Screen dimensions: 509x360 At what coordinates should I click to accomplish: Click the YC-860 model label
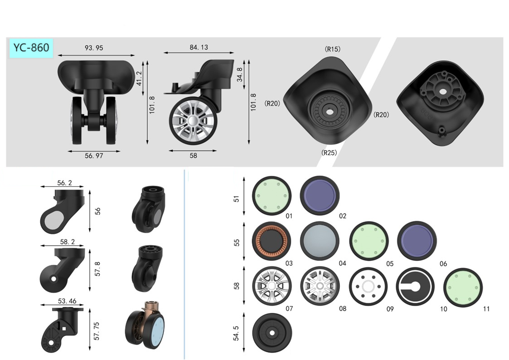(31, 48)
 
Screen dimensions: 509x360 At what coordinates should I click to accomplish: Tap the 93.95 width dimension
(94, 48)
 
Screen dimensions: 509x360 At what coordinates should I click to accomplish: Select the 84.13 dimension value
(199, 48)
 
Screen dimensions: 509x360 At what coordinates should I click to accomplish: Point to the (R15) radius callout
(332, 49)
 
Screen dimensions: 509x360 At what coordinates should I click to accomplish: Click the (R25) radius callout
(329, 153)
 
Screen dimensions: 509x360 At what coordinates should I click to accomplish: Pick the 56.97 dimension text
(94, 156)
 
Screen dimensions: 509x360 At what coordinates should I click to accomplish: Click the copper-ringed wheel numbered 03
(271, 241)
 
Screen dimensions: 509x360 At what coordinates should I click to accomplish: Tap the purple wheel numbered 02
(320, 195)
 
